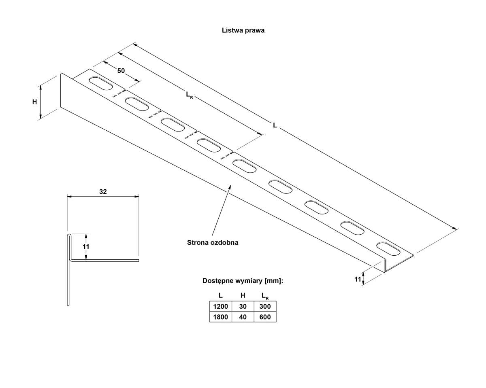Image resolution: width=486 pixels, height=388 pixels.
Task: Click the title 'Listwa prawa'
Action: pos(243,30)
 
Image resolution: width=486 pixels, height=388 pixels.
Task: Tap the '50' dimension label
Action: pos(121,71)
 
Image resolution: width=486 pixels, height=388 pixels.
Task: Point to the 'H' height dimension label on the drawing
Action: pos(34,102)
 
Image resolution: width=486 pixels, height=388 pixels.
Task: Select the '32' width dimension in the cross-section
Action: pos(103,191)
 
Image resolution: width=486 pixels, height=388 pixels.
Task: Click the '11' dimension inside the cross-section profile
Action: pos(86,246)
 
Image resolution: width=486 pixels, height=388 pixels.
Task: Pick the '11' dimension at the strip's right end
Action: pos(358,280)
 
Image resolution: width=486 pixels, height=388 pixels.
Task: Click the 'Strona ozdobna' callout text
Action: pos(213,242)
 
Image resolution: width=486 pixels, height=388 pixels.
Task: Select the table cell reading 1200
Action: pos(221,306)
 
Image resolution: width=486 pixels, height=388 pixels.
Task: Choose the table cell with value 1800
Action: pos(221,317)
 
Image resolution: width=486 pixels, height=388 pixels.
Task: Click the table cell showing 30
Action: pos(243,306)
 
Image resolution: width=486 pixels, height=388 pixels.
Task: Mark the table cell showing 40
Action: pos(243,317)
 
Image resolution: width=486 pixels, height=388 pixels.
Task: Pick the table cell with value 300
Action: pos(265,306)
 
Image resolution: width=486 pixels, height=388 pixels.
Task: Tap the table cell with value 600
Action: pos(265,317)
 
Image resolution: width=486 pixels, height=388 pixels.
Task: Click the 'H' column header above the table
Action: pos(243,295)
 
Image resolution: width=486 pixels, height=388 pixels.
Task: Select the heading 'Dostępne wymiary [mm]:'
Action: pos(243,281)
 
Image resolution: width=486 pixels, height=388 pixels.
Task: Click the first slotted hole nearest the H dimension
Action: pos(101,83)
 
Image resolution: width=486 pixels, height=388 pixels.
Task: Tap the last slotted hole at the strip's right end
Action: pos(388,249)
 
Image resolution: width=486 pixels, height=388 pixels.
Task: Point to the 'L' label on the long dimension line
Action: pos(275,125)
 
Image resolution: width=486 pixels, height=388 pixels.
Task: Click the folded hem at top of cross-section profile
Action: pos(69,236)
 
